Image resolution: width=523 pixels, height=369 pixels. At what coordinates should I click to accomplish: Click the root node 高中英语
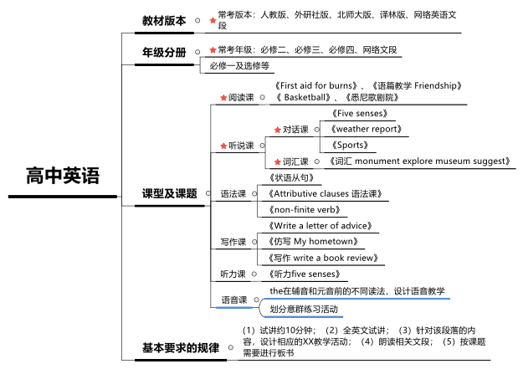pos(63,176)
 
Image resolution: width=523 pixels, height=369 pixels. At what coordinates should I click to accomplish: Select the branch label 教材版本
pos(164,21)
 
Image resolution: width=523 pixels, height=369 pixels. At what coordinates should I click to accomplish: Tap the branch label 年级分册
pos(164,53)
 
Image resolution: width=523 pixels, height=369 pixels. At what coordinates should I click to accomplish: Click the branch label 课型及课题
pos(169,193)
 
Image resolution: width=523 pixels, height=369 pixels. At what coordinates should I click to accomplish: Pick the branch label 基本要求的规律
pos(181,348)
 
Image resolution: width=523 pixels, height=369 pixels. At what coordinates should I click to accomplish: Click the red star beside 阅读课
pos(223,98)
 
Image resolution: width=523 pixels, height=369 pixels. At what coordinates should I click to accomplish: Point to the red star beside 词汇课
pos(278,162)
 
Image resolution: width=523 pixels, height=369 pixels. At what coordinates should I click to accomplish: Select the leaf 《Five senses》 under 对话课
pos(360,114)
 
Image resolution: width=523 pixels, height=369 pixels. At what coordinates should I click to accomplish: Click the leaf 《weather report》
pos(367,129)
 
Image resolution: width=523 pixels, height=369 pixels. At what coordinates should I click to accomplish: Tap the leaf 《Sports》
pos(350,145)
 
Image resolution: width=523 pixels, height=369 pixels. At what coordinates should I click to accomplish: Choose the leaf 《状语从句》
pos(291,178)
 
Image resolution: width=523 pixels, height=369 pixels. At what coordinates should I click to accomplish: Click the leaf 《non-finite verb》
pos(305,210)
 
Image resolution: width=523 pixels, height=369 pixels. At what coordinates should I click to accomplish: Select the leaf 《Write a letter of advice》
pos(320,226)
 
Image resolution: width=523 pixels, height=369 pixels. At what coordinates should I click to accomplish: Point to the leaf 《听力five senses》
pos(305,274)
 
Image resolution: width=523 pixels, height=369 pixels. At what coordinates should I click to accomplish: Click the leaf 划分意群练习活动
pos(304,310)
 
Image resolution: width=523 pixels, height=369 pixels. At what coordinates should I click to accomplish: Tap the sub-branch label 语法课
pos(233,194)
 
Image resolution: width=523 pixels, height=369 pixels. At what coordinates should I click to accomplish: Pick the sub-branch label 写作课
pos(233,242)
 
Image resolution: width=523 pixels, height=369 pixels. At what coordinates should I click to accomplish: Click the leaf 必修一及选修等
pos(239,66)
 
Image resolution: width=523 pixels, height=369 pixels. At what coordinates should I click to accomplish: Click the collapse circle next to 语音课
pos(257,300)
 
